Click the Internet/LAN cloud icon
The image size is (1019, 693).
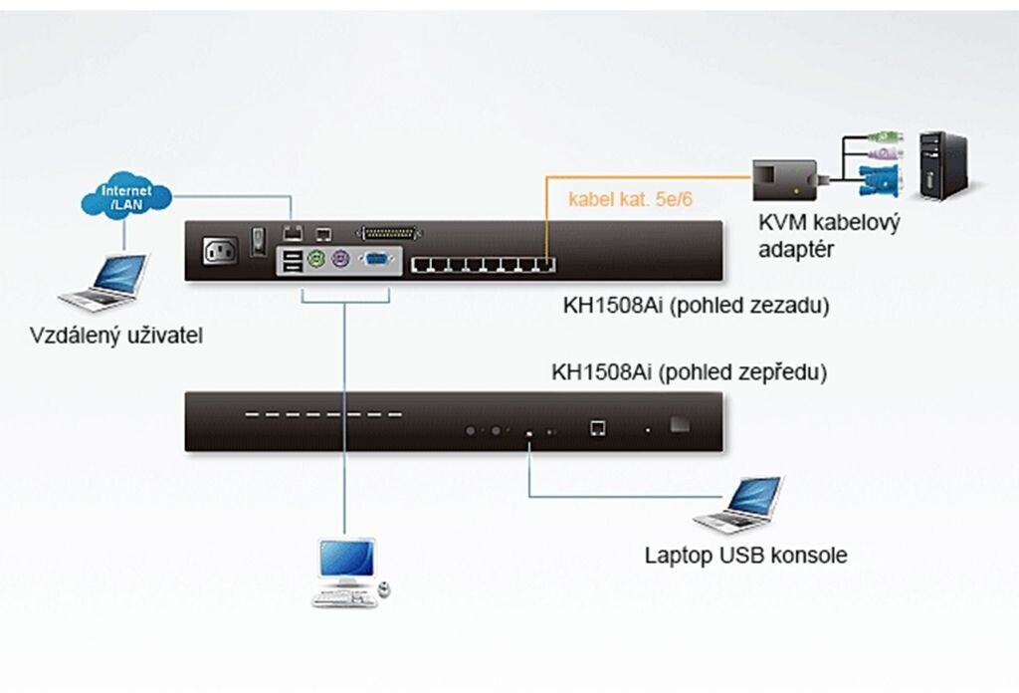pos(123,197)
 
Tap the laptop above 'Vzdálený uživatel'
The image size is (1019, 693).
pos(104,282)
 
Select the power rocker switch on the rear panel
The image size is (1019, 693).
pos(258,241)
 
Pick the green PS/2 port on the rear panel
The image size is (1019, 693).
pos(317,264)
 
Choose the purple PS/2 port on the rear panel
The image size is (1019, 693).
pos(340,264)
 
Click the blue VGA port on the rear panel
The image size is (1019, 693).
pos(376,264)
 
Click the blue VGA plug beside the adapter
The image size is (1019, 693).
pos(880,182)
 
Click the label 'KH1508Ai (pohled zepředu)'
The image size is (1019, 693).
pos(690,373)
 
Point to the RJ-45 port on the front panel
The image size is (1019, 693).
pos(598,427)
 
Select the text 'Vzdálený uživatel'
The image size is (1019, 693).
pos(116,336)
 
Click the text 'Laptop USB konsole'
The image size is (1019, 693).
pos(745,555)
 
